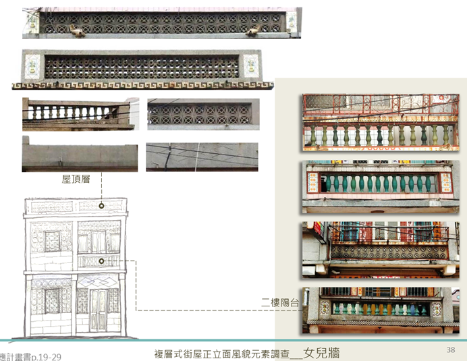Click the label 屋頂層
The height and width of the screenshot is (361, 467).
(x=76, y=179)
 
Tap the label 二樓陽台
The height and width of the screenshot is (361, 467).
(x=279, y=302)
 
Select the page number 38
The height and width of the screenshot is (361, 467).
(x=451, y=349)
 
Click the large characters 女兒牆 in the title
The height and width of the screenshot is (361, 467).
(x=321, y=352)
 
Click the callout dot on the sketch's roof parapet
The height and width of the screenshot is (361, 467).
(x=101, y=205)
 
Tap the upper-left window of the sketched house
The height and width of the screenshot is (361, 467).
(x=52, y=241)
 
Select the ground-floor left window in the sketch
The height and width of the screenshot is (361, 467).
(x=53, y=300)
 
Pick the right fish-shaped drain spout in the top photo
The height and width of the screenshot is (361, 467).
(x=254, y=30)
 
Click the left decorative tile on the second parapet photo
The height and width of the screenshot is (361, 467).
(x=32, y=66)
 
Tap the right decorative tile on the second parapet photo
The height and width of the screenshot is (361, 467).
(x=250, y=66)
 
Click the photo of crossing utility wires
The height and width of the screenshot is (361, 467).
(x=202, y=156)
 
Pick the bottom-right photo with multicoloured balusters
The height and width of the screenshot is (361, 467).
(x=378, y=309)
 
